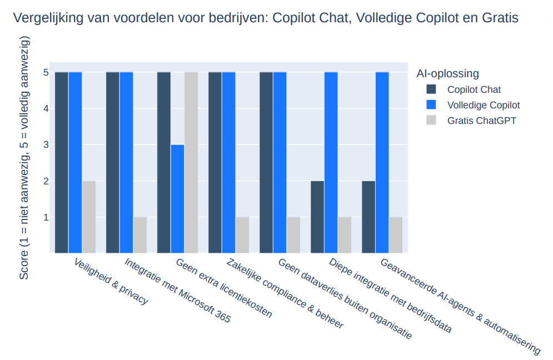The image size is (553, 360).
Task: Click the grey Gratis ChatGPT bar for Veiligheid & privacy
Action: click(x=89, y=217)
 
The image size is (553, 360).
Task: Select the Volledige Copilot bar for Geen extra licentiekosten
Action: click(x=177, y=199)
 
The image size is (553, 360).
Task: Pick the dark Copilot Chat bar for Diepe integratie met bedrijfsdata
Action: click(x=317, y=217)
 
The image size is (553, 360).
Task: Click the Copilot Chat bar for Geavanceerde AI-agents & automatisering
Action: click(x=368, y=217)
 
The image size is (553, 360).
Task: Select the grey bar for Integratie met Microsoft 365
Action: click(x=140, y=235)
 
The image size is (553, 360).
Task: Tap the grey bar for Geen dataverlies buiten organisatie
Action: click(x=293, y=235)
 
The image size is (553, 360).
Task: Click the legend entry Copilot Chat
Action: click(x=474, y=89)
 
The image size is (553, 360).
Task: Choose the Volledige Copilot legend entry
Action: click(x=484, y=105)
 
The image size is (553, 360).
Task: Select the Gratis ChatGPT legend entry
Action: click(x=481, y=121)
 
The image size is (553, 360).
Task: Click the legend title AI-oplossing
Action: click(x=447, y=73)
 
